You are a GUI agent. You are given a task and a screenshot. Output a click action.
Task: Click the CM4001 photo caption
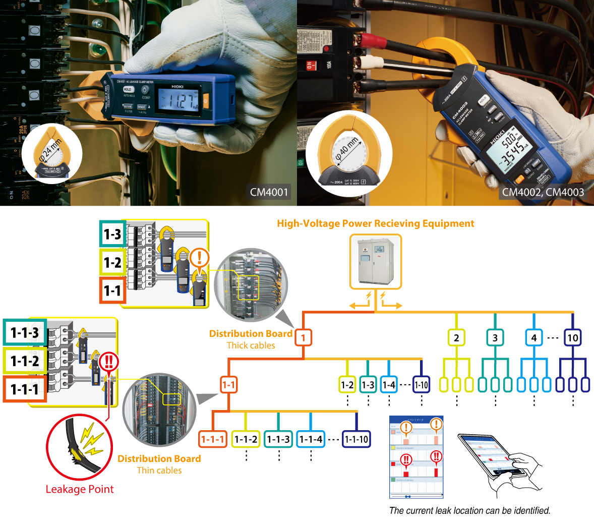[x=269, y=192]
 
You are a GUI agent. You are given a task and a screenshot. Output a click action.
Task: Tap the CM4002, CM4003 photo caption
[x=543, y=192]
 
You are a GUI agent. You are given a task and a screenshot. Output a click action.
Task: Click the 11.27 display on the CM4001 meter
[x=181, y=100]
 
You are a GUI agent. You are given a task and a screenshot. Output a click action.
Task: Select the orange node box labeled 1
[x=303, y=337]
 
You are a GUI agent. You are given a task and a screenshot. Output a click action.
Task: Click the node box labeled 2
[x=456, y=337]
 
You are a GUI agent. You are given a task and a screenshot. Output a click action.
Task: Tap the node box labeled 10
[x=573, y=337]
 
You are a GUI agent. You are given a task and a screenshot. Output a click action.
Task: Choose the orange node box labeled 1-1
[x=228, y=385]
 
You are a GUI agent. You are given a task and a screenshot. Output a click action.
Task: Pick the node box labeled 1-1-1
[x=212, y=439]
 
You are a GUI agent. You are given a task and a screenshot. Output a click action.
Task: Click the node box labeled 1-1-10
[x=356, y=439]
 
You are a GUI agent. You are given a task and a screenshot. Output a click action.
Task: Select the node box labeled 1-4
[x=389, y=385]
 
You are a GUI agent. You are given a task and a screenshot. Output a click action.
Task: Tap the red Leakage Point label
[x=80, y=489]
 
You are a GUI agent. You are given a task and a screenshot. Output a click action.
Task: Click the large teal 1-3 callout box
[x=112, y=234]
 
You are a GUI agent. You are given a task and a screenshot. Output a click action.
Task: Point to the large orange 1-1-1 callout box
[x=25, y=389]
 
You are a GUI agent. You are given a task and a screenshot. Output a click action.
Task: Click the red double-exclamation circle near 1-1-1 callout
[x=108, y=362]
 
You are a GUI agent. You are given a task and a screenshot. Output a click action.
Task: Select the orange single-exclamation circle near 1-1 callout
[x=200, y=258]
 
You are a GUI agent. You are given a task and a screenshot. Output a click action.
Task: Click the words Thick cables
[x=251, y=345]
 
